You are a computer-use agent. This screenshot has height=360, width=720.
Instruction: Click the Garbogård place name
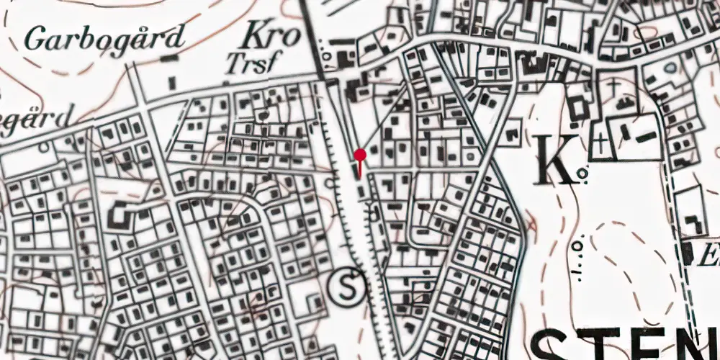[105, 37]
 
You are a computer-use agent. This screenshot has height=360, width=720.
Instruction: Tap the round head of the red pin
[359, 154]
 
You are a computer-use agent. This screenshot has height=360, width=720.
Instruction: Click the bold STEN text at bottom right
[626, 344]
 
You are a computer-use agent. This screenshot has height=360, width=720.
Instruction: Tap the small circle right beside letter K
[583, 172]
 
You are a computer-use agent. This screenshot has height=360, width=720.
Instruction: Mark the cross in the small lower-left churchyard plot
[599, 144]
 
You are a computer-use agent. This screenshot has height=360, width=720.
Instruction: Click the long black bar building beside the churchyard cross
[645, 135]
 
